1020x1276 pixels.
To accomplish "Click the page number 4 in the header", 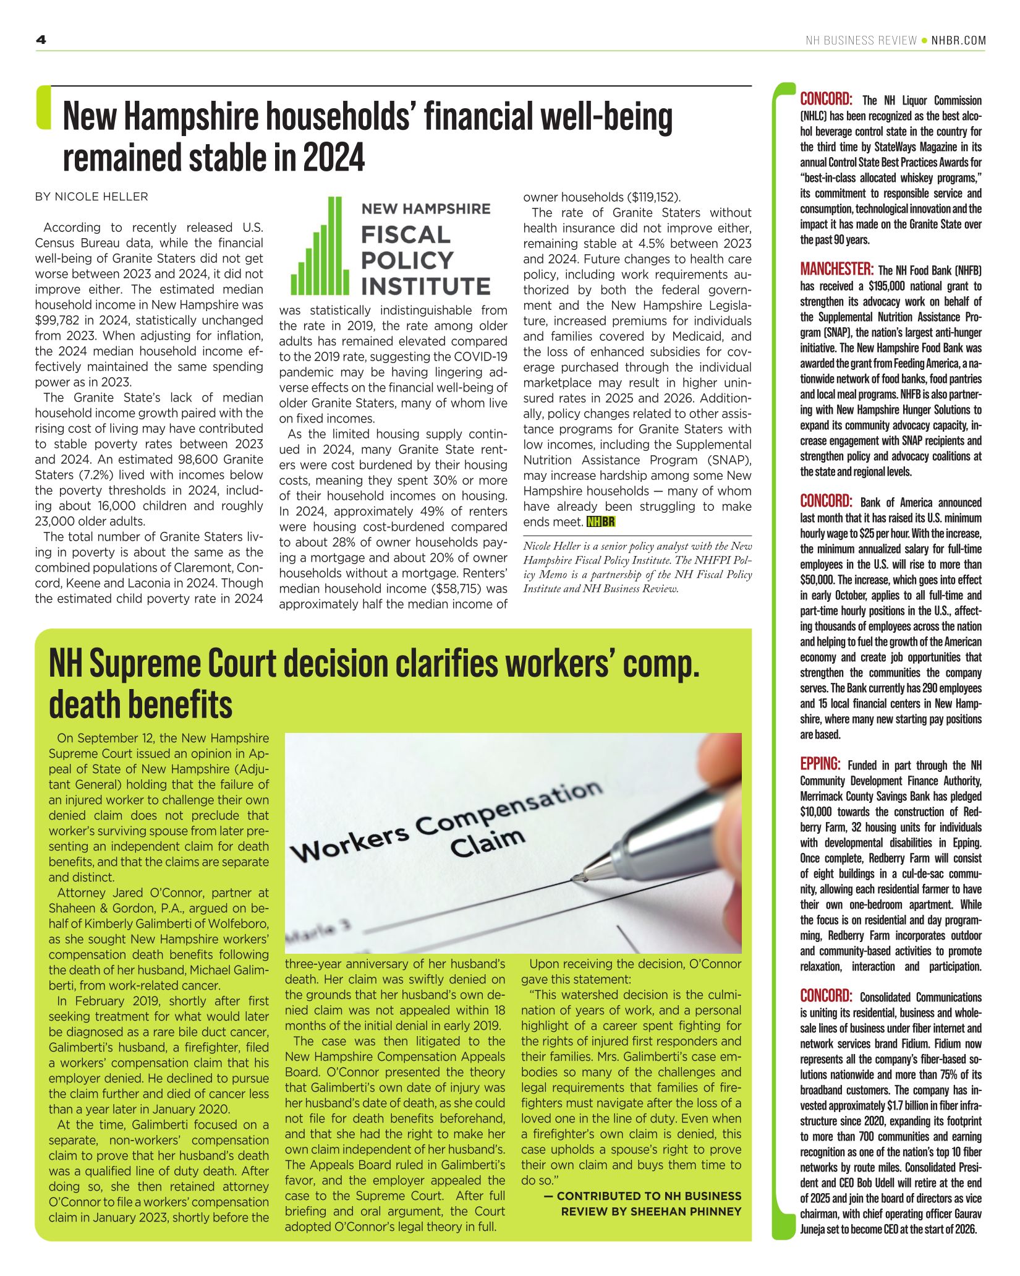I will click(41, 40).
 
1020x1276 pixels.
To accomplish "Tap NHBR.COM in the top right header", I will click(958, 41).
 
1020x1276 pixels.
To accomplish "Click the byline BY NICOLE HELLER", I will click(91, 197).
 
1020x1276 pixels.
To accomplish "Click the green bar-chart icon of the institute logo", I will click(317, 246).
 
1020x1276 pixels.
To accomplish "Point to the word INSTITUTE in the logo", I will click(426, 286).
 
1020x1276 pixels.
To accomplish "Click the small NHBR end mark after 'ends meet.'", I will click(601, 522).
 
